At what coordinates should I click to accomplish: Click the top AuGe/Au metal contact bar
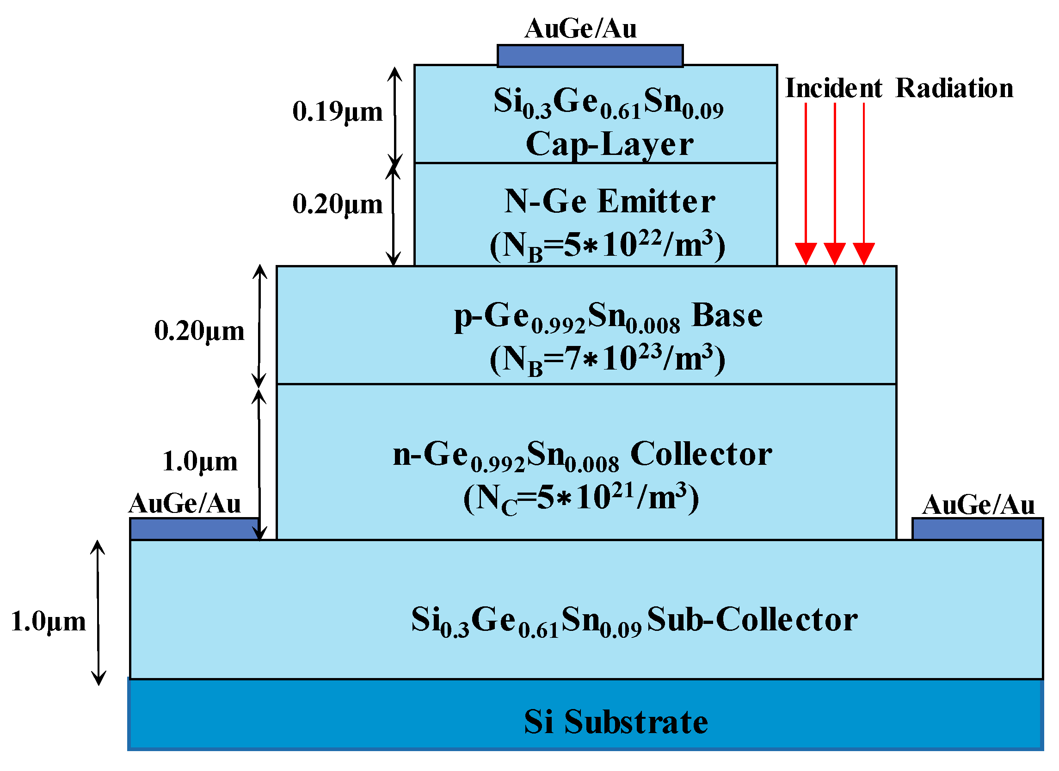click(x=590, y=56)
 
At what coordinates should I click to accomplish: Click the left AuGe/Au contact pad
click(x=194, y=529)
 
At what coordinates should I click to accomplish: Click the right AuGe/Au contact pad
click(x=977, y=529)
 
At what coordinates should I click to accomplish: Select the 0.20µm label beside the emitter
click(x=337, y=204)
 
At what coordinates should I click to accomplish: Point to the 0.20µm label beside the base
click(x=199, y=331)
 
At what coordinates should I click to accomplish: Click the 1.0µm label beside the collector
click(x=199, y=462)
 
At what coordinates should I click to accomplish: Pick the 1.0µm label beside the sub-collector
click(x=48, y=622)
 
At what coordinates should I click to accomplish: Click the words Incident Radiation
click(x=899, y=88)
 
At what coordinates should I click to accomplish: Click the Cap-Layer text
click(x=610, y=144)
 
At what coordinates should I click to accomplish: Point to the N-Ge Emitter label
click(x=610, y=202)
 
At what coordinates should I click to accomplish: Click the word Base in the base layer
click(x=727, y=315)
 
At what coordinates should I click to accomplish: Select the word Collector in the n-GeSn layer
click(x=701, y=454)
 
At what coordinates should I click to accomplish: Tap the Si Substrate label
click(x=616, y=722)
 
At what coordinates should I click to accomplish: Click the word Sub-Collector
click(x=752, y=620)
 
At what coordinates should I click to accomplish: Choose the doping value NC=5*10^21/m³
click(x=581, y=498)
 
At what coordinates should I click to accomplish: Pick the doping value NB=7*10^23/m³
click(x=607, y=359)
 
